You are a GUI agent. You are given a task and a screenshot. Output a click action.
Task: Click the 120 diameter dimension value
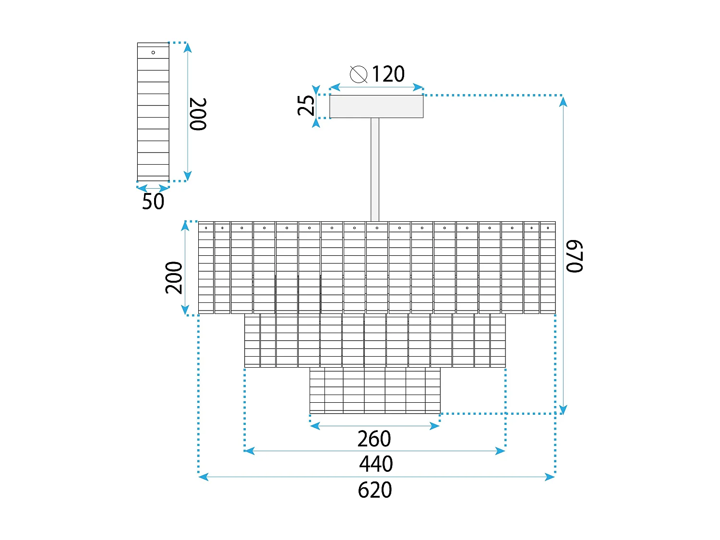[x=388, y=74]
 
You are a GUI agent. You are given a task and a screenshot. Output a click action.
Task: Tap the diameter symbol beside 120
[x=359, y=74]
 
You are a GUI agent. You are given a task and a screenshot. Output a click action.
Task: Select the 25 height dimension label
[x=306, y=106]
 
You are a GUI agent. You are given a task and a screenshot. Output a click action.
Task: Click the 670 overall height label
[x=574, y=256]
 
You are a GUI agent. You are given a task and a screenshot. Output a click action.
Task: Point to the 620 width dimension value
[x=375, y=490]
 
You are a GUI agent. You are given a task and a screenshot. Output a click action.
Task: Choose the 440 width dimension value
[x=376, y=464]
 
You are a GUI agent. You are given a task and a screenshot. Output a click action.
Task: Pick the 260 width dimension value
[x=374, y=439]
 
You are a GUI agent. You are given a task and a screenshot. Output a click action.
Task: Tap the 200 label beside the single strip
[x=198, y=114]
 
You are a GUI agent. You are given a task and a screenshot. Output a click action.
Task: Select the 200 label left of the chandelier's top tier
[x=174, y=277]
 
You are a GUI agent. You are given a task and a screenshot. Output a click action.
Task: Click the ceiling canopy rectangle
[x=376, y=107]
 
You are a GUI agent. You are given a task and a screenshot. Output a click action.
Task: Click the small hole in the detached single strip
[x=153, y=52]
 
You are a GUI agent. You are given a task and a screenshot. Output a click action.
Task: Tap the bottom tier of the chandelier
[x=375, y=390]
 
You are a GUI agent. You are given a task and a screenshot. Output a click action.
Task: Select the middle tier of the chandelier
[x=375, y=340]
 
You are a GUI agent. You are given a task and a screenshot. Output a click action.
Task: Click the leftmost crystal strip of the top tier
[x=206, y=267]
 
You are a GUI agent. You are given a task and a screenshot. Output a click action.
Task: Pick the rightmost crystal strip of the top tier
[x=548, y=267]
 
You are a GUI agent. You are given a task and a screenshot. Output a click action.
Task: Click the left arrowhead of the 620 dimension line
[x=203, y=477]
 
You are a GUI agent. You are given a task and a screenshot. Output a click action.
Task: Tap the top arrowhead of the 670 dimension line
[x=564, y=101]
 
